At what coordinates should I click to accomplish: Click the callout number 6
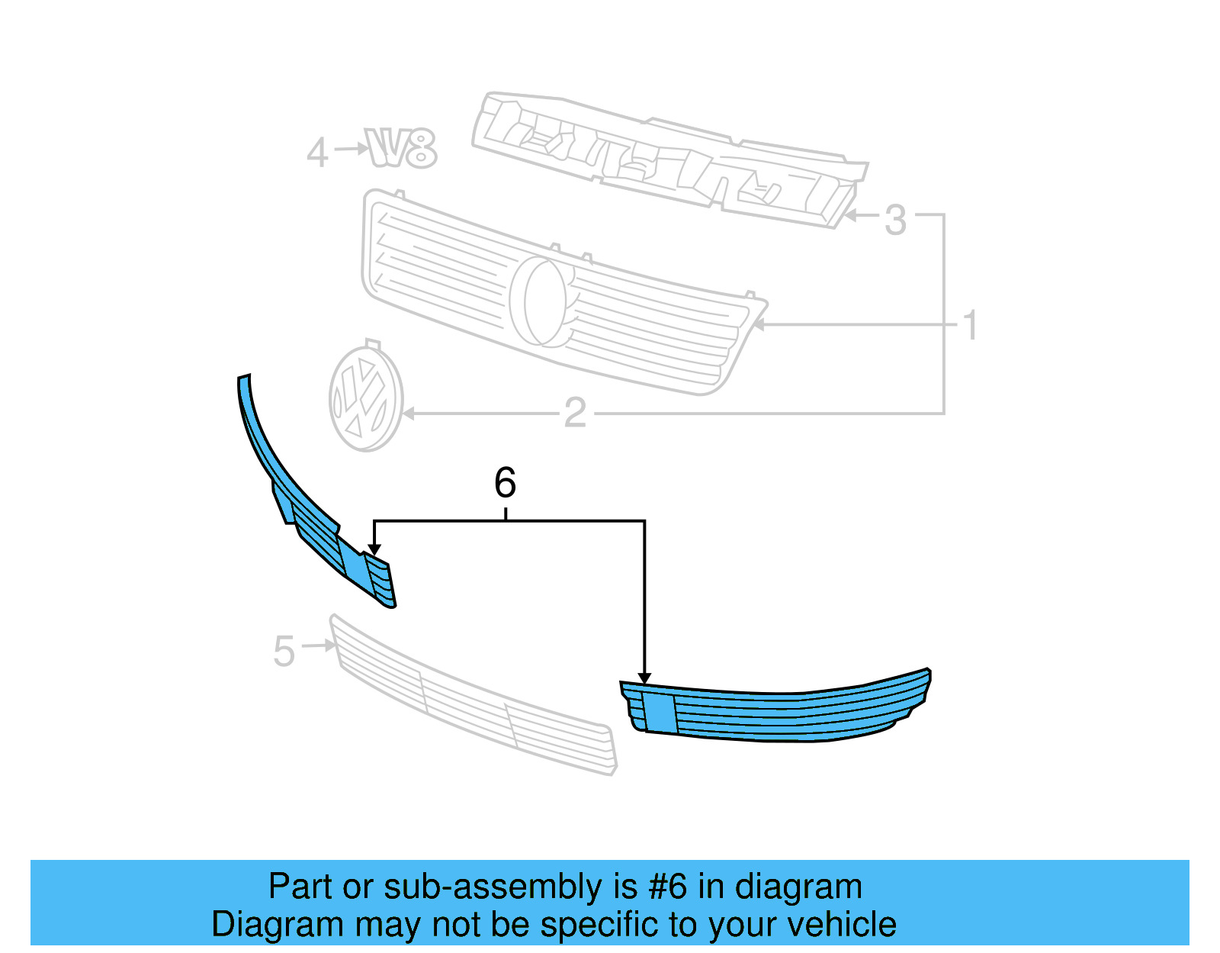[x=505, y=483]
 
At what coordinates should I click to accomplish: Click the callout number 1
[x=970, y=326]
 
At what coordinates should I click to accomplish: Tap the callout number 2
[x=575, y=414]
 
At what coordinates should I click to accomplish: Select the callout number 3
[x=895, y=221]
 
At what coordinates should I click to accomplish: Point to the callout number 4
[x=317, y=153]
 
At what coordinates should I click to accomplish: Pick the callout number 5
[x=284, y=652]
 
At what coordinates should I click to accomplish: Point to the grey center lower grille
[x=473, y=698]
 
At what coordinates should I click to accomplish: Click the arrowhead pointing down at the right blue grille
[x=644, y=678]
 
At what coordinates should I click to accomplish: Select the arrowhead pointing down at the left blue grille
[x=374, y=549]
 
